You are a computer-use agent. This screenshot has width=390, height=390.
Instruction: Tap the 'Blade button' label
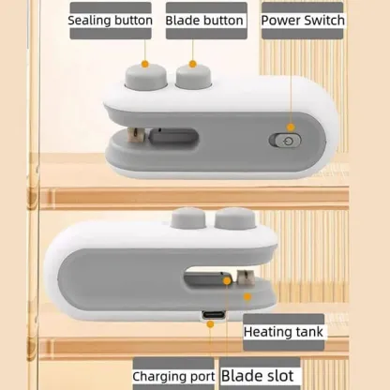pyautogui.click(x=205, y=20)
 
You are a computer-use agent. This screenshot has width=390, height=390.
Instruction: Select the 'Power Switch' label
pyautogui.click(x=302, y=20)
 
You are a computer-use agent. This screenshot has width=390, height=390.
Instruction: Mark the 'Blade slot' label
pyautogui.click(x=257, y=375)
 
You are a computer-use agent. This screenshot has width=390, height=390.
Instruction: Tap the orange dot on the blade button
pyautogui.click(x=193, y=64)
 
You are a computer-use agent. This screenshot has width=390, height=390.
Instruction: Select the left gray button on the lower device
pyautogui.click(x=186, y=221)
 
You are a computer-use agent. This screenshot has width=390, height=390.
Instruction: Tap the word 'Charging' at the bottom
pyautogui.click(x=160, y=376)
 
